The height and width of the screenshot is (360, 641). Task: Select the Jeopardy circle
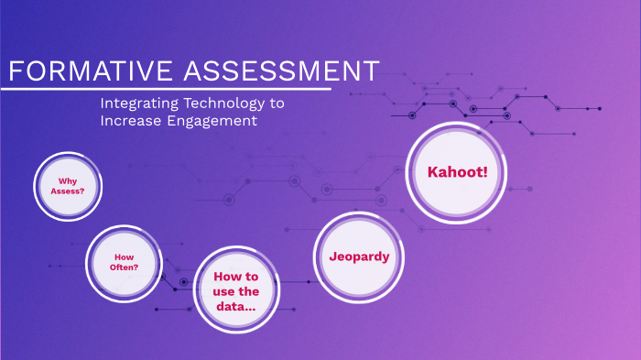coord(359,256)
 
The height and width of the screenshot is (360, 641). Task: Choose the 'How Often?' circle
coord(125,263)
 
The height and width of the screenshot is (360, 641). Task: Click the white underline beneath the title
coord(165,89)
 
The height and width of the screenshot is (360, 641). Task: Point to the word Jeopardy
coord(359,256)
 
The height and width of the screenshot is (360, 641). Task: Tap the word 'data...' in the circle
coord(235,306)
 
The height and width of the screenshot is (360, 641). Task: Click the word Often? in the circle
coord(125,268)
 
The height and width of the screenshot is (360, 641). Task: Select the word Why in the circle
coord(67,180)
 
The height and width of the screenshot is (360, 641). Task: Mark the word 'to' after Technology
coord(277,104)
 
